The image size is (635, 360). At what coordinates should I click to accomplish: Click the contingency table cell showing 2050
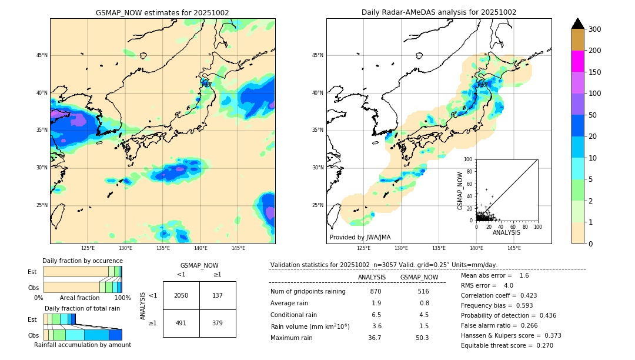coord(181,295)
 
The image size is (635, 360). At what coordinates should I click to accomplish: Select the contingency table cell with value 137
coord(218,295)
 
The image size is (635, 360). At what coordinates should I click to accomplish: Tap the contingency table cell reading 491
coord(181,323)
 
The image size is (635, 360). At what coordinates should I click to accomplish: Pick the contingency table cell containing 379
coord(218,323)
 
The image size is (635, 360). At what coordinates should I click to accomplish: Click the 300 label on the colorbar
coord(594,29)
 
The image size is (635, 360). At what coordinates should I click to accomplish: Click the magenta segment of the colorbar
coord(578,61)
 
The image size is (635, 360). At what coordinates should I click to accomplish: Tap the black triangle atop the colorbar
coord(578,24)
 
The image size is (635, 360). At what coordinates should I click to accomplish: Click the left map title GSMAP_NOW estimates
coord(162,12)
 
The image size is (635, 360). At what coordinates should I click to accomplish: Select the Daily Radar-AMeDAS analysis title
coord(439,12)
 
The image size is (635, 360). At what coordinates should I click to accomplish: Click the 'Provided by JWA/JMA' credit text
coord(360,238)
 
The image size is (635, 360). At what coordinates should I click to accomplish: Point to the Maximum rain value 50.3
coord(423,338)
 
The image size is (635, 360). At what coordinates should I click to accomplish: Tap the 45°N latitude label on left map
coord(42,55)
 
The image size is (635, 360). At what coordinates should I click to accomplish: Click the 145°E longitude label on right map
coord(514,248)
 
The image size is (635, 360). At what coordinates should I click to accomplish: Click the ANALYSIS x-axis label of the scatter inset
coord(506,232)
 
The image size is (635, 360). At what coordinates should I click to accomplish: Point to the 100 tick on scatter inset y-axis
coord(469,159)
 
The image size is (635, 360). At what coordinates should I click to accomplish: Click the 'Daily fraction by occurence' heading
coord(82,261)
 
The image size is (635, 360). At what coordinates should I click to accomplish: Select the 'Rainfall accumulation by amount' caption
coord(82,345)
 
